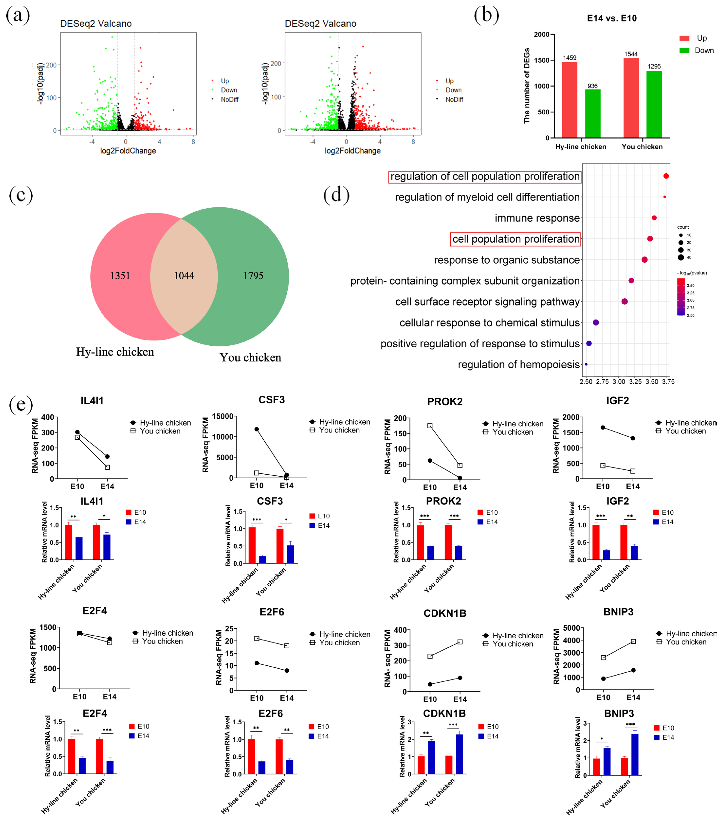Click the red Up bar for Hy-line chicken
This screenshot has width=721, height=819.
[x=569, y=100]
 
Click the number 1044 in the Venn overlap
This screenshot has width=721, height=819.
[x=184, y=276]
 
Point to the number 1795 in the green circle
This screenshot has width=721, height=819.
[x=253, y=276]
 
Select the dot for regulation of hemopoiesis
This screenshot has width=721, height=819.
[x=586, y=364]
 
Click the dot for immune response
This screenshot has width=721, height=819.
[x=654, y=218]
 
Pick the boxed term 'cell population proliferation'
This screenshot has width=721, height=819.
[x=516, y=239]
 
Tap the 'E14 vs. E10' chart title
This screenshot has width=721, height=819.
[x=612, y=19]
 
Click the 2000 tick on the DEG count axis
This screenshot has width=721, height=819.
[x=542, y=34]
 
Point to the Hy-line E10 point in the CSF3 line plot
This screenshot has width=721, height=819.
[x=257, y=429]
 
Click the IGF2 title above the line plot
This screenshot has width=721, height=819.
[x=617, y=401]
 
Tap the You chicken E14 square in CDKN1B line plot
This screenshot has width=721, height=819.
[x=460, y=642]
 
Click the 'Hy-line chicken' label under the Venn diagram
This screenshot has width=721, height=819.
[x=115, y=352]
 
